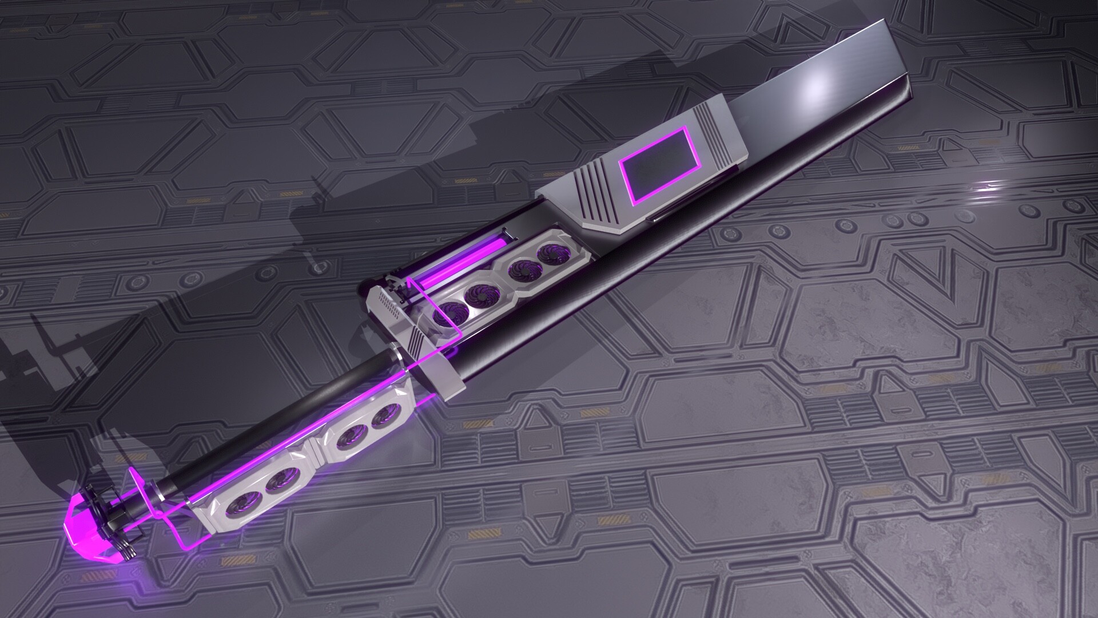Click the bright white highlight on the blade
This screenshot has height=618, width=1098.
[x=815, y=86]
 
